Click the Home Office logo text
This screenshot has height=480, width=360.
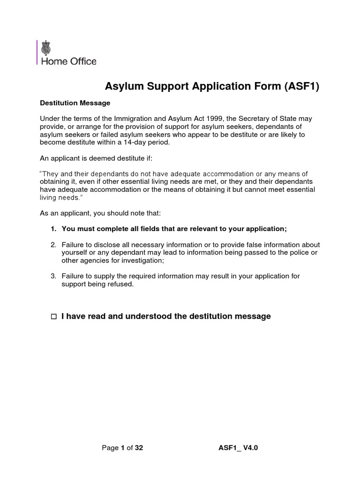(69, 61)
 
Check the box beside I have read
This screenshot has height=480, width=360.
(53, 317)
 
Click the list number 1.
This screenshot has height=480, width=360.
(53, 229)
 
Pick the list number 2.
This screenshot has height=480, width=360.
(53, 245)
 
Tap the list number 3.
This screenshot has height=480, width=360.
(53, 276)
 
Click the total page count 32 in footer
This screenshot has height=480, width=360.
(139, 448)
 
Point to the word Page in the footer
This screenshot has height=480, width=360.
(110, 448)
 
